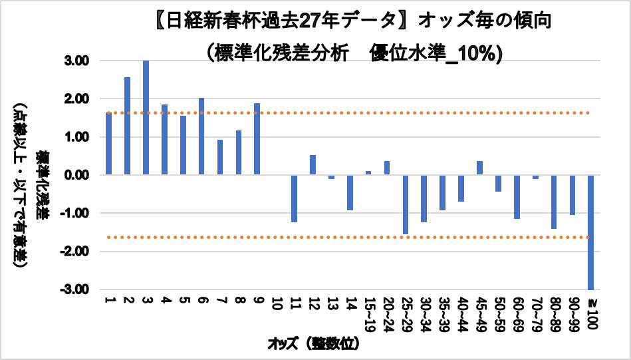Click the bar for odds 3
click(x=146, y=118)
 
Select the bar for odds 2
click(x=127, y=126)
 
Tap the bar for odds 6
click(x=201, y=136)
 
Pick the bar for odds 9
click(x=257, y=139)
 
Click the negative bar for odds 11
click(x=294, y=198)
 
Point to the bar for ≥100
click(x=590, y=232)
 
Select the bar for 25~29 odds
click(x=405, y=204)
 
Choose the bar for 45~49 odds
click(x=479, y=168)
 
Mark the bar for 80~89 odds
click(x=553, y=202)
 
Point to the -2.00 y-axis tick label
click(x=84, y=252)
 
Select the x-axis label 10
click(x=275, y=305)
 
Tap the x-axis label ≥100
click(x=590, y=310)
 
